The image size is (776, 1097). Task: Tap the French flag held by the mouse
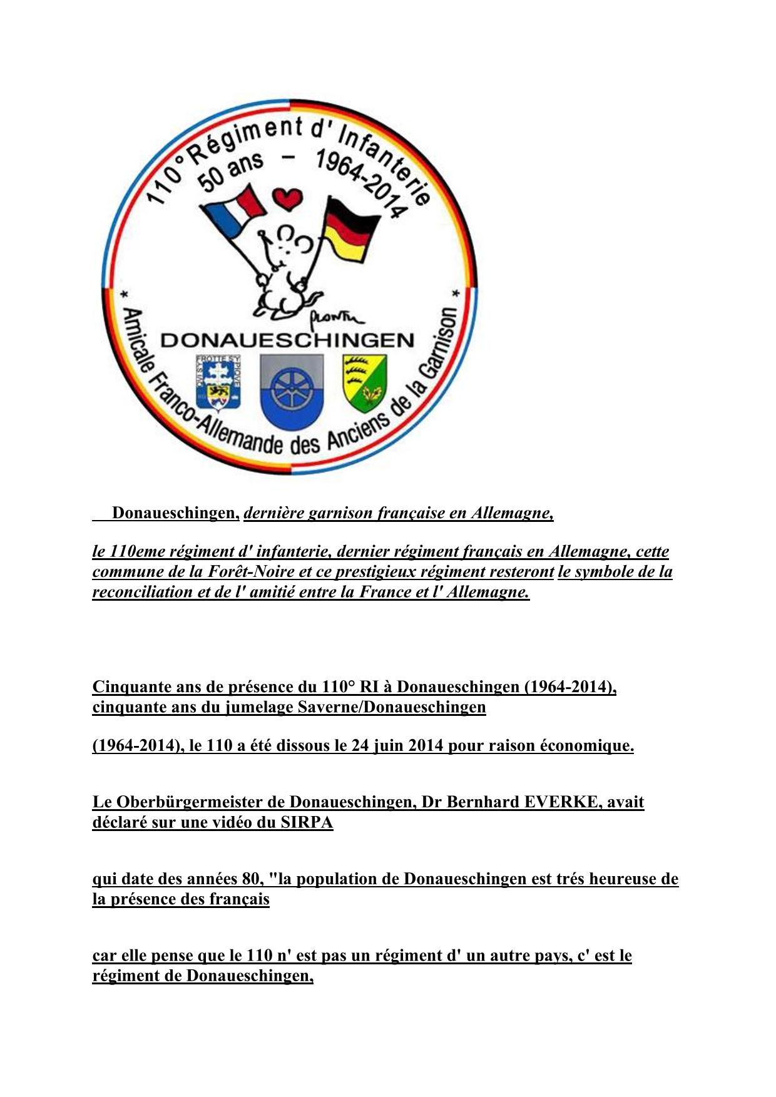click(235, 212)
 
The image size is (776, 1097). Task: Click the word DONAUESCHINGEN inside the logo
click(288, 340)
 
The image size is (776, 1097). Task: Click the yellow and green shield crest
click(364, 382)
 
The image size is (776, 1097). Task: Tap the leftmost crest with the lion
click(218, 383)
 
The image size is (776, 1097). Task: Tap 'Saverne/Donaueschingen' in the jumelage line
click(377, 707)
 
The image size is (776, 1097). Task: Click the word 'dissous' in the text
click(303, 746)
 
